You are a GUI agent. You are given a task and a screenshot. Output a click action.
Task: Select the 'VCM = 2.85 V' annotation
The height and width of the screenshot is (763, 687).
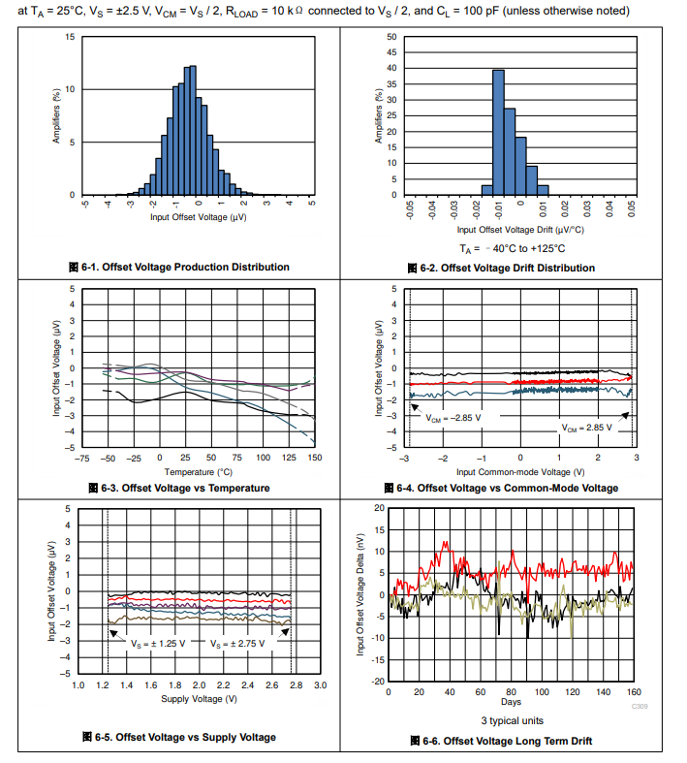point(588,427)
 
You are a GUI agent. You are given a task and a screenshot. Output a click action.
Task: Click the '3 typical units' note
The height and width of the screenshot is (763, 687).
point(513,720)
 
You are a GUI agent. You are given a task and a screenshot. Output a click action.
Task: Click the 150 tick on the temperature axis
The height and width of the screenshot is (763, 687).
point(315,457)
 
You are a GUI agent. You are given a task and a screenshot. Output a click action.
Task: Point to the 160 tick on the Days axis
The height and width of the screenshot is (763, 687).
point(634,691)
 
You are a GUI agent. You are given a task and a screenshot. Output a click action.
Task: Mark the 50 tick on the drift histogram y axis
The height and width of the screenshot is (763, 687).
point(390,37)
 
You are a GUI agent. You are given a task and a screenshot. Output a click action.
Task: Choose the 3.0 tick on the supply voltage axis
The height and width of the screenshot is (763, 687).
point(321,685)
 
